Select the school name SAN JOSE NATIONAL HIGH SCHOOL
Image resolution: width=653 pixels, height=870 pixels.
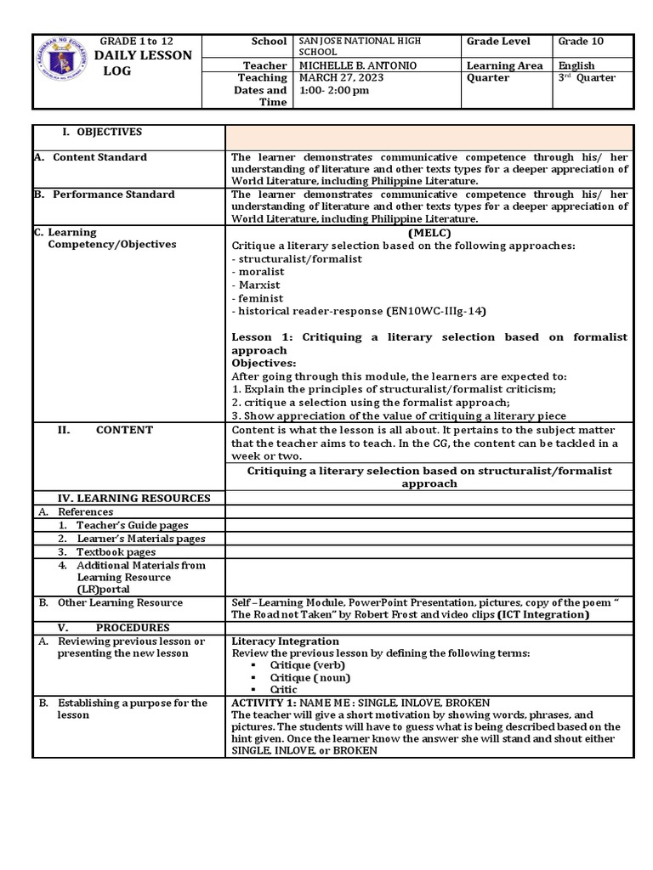(x=360, y=47)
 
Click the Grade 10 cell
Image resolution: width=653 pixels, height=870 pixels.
(x=576, y=42)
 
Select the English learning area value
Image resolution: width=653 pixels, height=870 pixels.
(x=576, y=65)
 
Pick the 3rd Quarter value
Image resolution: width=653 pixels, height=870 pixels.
(x=587, y=78)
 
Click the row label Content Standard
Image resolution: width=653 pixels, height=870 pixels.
(x=99, y=157)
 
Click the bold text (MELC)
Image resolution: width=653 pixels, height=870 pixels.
(x=429, y=233)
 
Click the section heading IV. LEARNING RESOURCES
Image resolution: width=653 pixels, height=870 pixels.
(x=133, y=498)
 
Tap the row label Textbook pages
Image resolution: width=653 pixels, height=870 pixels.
(x=116, y=551)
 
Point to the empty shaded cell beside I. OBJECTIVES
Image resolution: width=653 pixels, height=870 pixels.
(x=429, y=137)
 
